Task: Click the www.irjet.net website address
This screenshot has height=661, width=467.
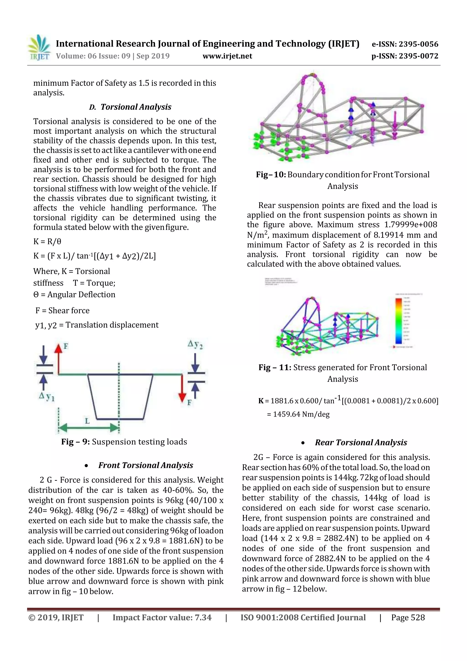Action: click(x=227, y=56)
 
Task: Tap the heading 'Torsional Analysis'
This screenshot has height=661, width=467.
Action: click(x=136, y=107)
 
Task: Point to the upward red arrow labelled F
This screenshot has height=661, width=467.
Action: click(x=58, y=358)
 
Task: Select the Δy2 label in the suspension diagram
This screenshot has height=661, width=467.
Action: click(x=195, y=344)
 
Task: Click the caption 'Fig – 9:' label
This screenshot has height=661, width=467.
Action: click(x=76, y=442)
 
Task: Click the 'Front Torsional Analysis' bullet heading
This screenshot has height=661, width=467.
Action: click(x=146, y=465)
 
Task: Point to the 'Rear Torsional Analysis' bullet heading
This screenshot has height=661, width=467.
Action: click(x=361, y=442)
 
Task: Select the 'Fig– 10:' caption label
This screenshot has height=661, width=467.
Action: click(x=271, y=175)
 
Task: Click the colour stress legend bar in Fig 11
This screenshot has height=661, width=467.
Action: click(x=399, y=321)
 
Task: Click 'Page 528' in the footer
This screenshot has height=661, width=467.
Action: click(x=408, y=617)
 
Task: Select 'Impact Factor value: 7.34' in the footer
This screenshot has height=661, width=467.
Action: click(x=162, y=617)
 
